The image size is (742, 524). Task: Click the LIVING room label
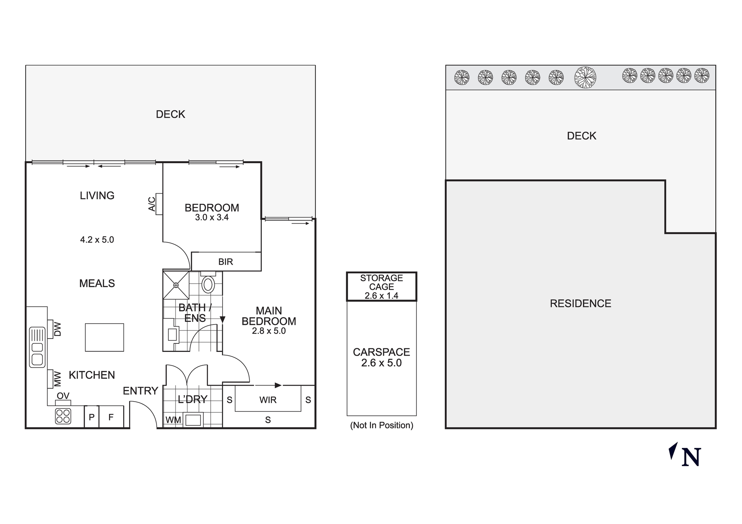[97, 195]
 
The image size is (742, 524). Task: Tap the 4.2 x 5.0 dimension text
[97, 240]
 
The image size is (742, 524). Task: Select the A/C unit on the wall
[159, 204]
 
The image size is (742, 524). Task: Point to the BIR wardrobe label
[226, 262]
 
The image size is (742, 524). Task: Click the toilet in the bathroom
[208, 284]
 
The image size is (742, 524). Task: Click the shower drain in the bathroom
[176, 285]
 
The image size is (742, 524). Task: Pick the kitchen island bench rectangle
[104, 337]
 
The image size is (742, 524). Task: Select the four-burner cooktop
[63, 416]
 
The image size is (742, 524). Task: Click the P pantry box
[92, 417]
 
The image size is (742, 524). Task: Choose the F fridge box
[111, 417]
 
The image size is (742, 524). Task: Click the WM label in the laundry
[173, 420]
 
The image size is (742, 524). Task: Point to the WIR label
[268, 400]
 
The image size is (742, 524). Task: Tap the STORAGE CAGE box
[381, 287]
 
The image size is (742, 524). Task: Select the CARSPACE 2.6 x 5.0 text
[381, 357]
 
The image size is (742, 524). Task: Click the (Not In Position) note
[381, 425]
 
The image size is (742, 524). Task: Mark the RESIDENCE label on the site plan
[580, 304]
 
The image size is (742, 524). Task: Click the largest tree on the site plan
[585, 78]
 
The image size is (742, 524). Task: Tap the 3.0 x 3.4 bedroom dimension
[212, 218]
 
